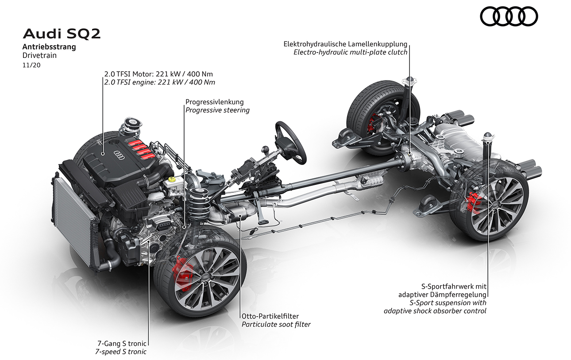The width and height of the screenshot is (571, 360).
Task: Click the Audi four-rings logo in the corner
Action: [x=509, y=17]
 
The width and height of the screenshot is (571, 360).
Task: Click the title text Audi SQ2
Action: [x=61, y=34]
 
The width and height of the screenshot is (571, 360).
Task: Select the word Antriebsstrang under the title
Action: [x=49, y=47]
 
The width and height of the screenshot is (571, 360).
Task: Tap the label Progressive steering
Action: [x=217, y=110]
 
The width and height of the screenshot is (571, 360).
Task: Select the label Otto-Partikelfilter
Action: [x=270, y=316]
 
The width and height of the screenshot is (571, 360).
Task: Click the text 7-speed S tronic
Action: [x=120, y=352]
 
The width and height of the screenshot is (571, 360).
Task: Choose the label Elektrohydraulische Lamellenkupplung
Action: [x=345, y=44]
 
